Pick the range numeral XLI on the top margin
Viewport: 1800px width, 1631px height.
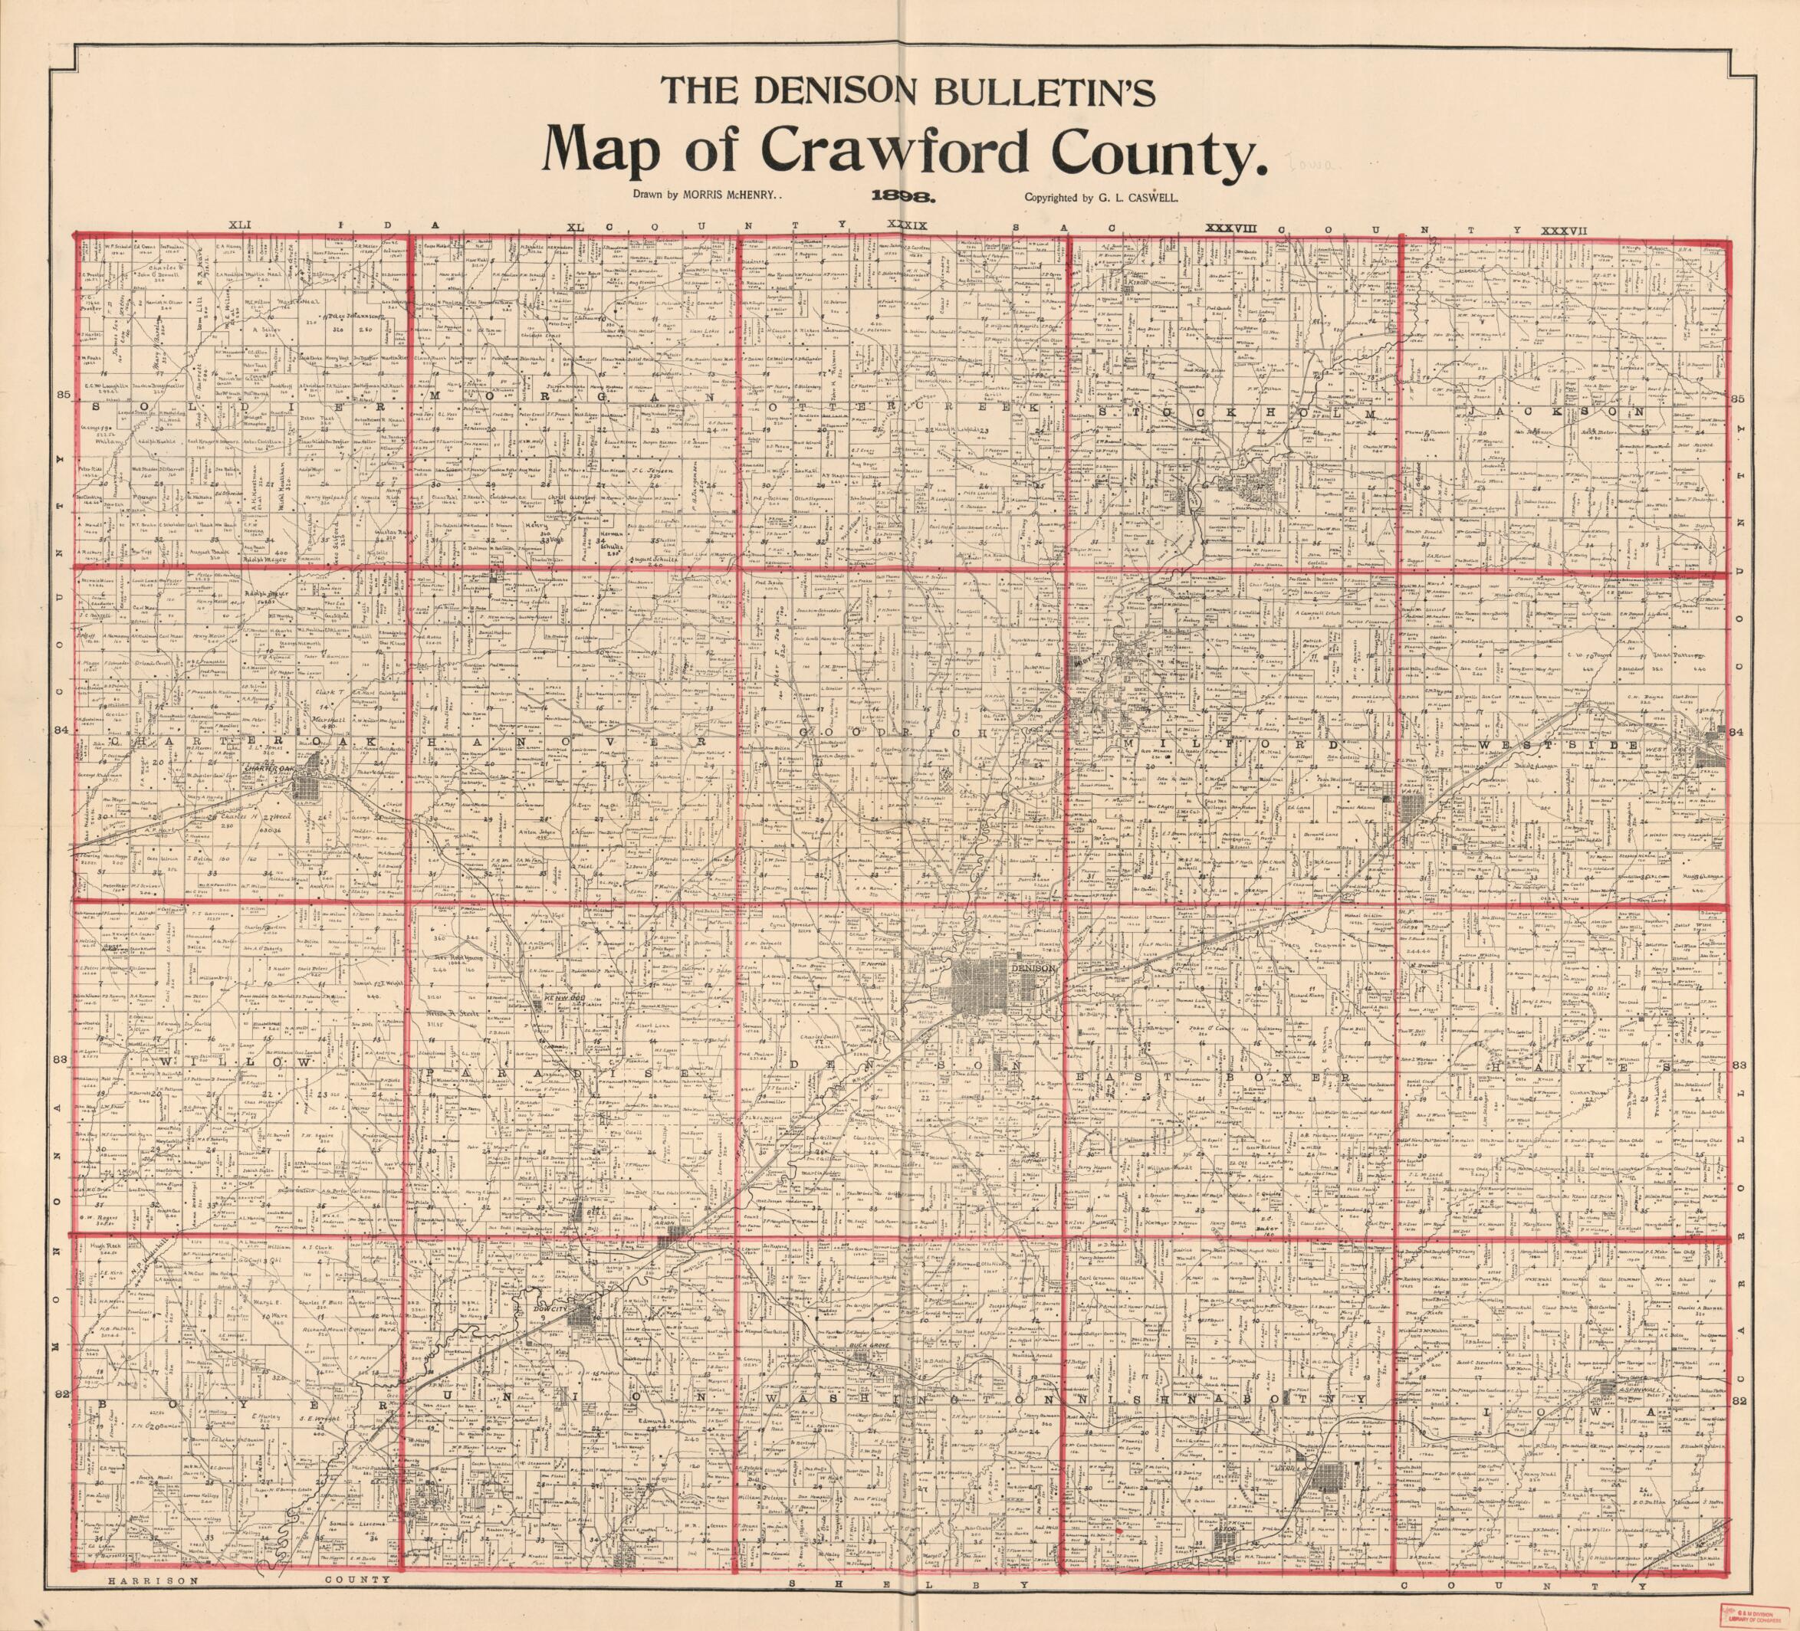click(x=242, y=227)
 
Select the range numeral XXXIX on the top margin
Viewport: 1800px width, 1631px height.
click(x=906, y=227)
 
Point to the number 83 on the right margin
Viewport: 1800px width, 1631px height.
click(x=1739, y=1065)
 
